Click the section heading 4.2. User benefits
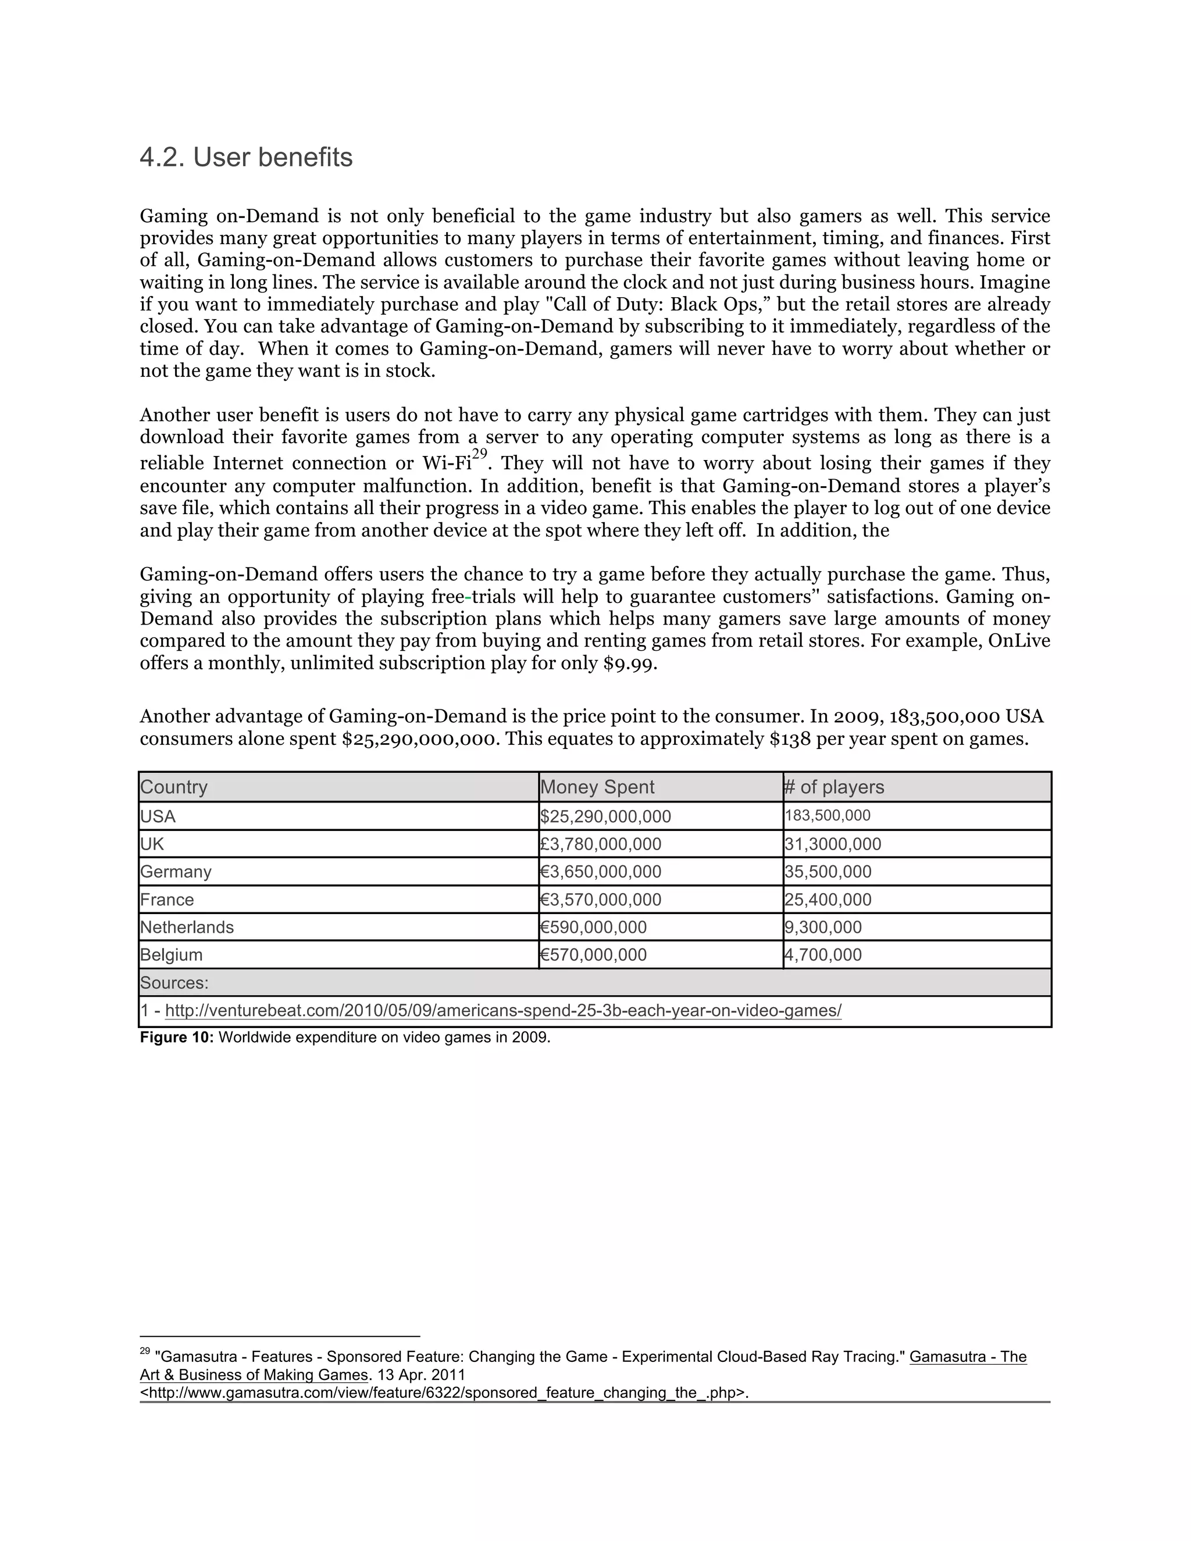pyautogui.click(x=245, y=158)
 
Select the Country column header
pyautogui.click(x=173, y=787)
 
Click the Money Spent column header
pyautogui.click(x=597, y=787)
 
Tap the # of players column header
pyautogui.click(x=833, y=787)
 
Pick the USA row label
pyautogui.click(x=158, y=816)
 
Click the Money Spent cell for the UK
pyautogui.click(x=600, y=844)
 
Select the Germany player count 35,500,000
pyautogui.click(x=828, y=872)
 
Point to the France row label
pyautogui.click(x=166, y=900)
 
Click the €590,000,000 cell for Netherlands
pyautogui.click(x=593, y=927)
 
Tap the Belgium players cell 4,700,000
pyautogui.click(x=823, y=955)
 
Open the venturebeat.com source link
pyautogui.click(x=502, y=1011)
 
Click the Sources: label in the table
pyautogui.click(x=173, y=983)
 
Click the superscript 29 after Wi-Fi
pyautogui.click(x=480, y=454)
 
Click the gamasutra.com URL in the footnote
pyautogui.click(x=443, y=1393)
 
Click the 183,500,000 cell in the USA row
pyautogui.click(x=827, y=816)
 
